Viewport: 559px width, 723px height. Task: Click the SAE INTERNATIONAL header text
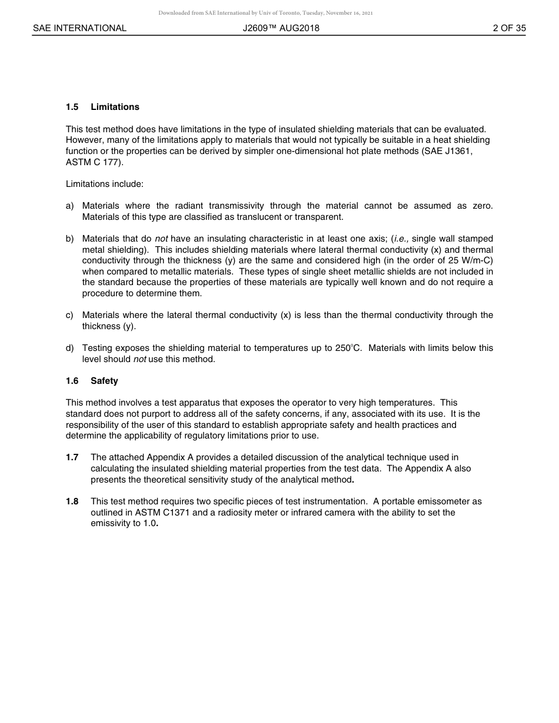pyautogui.click(x=79, y=28)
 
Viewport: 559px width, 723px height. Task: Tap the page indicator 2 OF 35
pyautogui.click(x=509, y=28)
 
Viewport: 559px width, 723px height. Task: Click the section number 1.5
pyautogui.click(x=72, y=107)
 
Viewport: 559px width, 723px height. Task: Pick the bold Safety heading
pyautogui.click(x=104, y=381)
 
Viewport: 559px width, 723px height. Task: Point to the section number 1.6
pyautogui.click(x=72, y=381)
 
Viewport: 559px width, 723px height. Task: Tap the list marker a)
pyautogui.click(x=70, y=206)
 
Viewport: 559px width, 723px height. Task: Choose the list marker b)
pyautogui.click(x=70, y=239)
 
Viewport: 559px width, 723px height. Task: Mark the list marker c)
pyautogui.click(x=70, y=315)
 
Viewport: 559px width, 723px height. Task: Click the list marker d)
pyautogui.click(x=70, y=348)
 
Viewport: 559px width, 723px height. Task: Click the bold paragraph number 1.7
pyautogui.click(x=72, y=457)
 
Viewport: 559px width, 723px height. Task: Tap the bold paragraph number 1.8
pyautogui.click(x=72, y=501)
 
